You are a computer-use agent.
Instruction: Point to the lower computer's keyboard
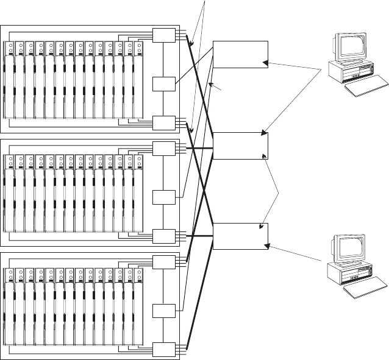point(365,290)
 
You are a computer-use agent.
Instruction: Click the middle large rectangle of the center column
point(241,145)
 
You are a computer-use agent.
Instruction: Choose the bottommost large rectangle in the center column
point(241,236)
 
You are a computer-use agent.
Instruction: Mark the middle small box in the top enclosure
point(163,84)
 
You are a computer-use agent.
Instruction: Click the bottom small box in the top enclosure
point(163,123)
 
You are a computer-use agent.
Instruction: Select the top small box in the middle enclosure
point(163,149)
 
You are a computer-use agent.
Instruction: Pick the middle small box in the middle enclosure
point(163,197)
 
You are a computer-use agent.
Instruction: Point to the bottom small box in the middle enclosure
point(163,236)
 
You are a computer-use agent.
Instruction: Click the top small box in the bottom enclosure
point(163,262)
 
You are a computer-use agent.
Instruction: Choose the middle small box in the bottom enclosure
point(163,310)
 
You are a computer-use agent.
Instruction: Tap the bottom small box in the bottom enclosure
point(163,350)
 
